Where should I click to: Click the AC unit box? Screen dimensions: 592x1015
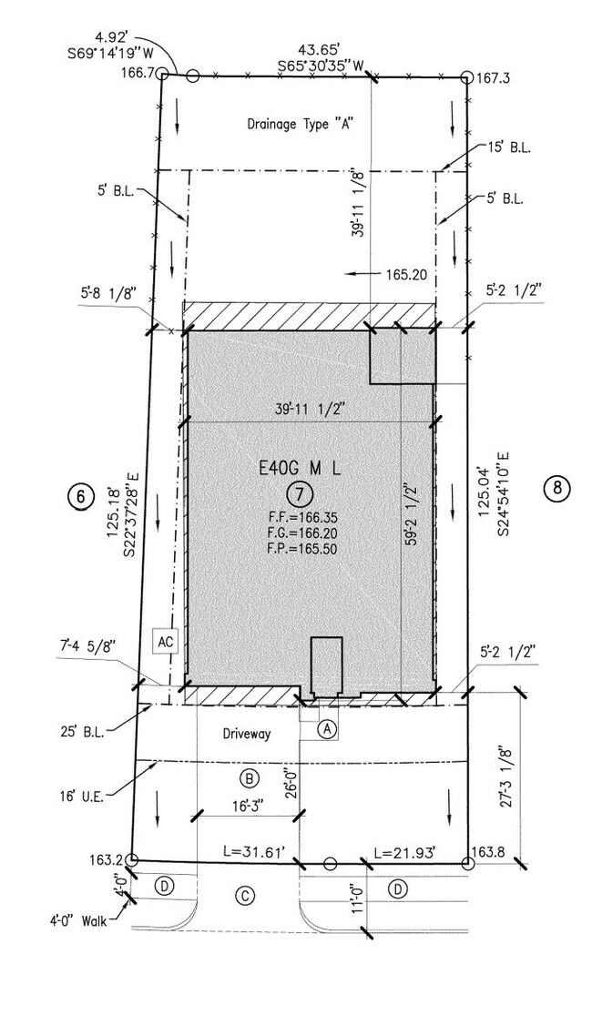coord(164,641)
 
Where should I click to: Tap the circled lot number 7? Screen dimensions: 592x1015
coord(301,494)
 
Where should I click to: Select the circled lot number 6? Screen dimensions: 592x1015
coord(80,496)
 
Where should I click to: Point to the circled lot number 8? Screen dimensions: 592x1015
coord(557,487)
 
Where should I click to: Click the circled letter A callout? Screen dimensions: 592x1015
coord(328,728)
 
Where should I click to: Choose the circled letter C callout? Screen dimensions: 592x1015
coord(245,896)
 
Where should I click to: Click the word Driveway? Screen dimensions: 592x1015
coord(247,734)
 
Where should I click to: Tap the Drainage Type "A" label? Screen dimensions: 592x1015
coord(300,124)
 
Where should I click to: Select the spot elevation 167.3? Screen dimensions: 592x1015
coord(495,79)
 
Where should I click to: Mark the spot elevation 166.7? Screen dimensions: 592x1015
coord(138,73)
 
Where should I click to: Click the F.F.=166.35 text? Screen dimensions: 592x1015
coord(301,517)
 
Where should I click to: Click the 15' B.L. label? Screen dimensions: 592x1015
coord(509,147)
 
